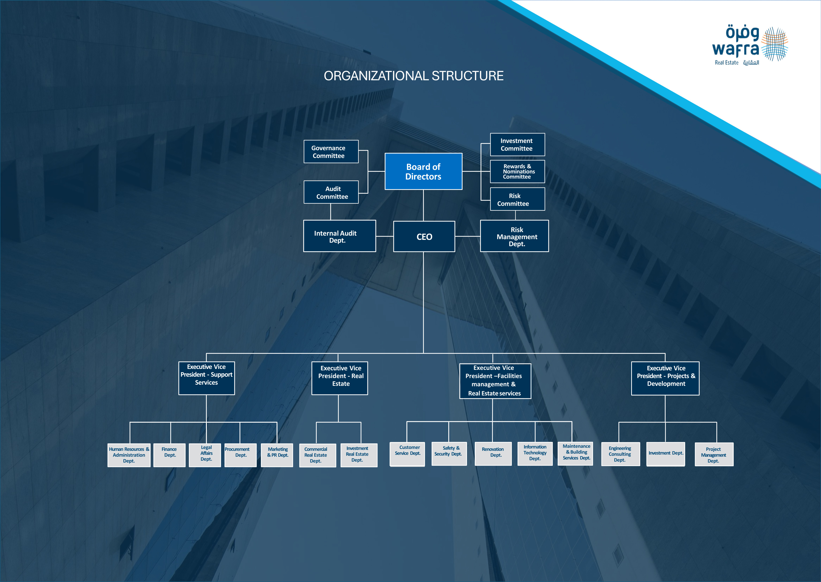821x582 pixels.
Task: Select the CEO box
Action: (424, 237)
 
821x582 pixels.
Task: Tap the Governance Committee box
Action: (331, 152)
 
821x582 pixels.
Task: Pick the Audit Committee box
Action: (331, 192)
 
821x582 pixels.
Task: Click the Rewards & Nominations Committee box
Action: (517, 171)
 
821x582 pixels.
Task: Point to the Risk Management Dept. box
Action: (514, 236)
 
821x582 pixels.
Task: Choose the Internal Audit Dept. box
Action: (339, 236)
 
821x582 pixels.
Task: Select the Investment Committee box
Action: (517, 144)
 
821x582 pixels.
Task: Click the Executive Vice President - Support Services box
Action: (206, 378)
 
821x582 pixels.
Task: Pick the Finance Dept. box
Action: (169, 455)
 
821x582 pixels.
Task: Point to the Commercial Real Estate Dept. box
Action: (317, 455)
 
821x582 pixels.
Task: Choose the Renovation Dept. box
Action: (493, 454)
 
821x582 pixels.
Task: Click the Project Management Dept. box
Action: (714, 454)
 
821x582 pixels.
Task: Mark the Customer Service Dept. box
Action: (407, 454)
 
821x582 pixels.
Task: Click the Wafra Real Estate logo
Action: (750, 45)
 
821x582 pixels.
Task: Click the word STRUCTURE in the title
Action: (468, 76)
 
